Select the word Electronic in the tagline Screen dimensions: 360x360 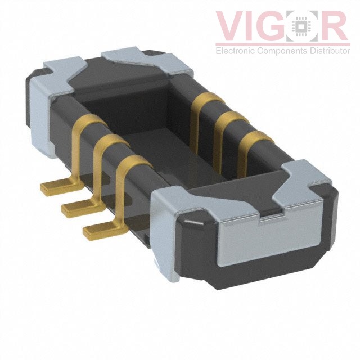tap(235, 51)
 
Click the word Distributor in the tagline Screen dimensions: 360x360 tap(330, 51)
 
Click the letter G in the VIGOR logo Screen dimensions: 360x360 tap(271, 26)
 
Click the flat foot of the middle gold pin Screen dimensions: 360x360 tap(82, 207)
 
